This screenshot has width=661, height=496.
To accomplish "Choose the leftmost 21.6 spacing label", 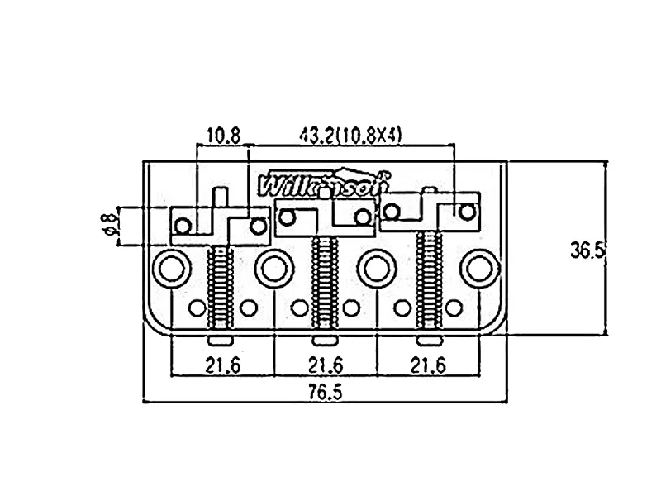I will tap(222, 365).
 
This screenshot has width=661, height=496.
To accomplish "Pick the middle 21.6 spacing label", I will tap(325, 365).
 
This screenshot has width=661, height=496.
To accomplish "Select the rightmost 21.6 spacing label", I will tap(427, 365).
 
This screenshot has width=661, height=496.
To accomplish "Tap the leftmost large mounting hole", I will tap(171, 266).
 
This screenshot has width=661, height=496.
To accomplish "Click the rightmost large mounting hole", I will tap(478, 266).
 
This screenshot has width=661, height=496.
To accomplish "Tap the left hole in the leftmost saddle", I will tap(183, 223).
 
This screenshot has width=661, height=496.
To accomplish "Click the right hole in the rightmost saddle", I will tap(467, 212).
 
